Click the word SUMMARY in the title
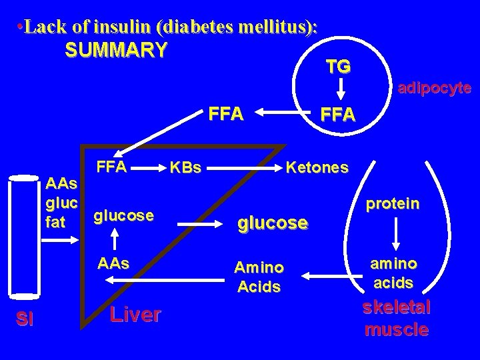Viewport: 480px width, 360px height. [x=117, y=51]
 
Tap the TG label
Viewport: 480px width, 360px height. [x=339, y=66]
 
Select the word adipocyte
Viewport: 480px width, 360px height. [x=434, y=88]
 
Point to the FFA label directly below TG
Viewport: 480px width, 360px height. [x=339, y=115]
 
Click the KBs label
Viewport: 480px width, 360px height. [x=186, y=167]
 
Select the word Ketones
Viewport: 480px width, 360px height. [x=317, y=167]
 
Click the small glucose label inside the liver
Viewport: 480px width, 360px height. [x=124, y=215]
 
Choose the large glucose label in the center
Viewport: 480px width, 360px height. [x=273, y=223]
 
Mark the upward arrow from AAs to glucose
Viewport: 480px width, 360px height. [x=115, y=239]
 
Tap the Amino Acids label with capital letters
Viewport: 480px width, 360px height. [x=259, y=277]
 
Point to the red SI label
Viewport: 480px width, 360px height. [x=25, y=319]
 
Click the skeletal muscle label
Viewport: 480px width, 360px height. [x=397, y=318]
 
